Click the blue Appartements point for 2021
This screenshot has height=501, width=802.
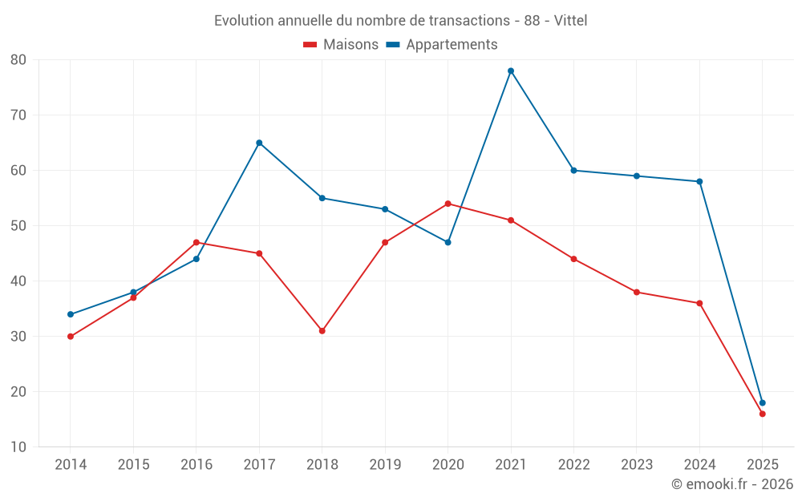pyautogui.click(x=511, y=71)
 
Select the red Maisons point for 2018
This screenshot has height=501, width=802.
pyautogui.click(x=322, y=330)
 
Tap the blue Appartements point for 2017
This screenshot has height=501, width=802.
pyautogui.click(x=259, y=143)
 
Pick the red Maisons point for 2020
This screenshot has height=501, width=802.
pyautogui.click(x=448, y=204)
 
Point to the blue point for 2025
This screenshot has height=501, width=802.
pyautogui.click(x=762, y=403)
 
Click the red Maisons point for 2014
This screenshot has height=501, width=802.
pyautogui.click(x=71, y=337)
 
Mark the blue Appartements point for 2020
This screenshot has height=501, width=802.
pyautogui.click(x=448, y=242)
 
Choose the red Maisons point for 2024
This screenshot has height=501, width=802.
pyautogui.click(x=699, y=303)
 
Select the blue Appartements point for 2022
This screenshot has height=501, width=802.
pyautogui.click(x=573, y=170)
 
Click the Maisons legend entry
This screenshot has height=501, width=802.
pyautogui.click(x=341, y=45)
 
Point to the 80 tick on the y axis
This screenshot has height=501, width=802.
pyautogui.click(x=18, y=60)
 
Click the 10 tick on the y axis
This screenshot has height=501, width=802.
pyautogui.click(x=18, y=447)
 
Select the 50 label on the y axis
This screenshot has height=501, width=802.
pyautogui.click(x=18, y=226)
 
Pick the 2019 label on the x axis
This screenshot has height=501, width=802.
pyautogui.click(x=385, y=465)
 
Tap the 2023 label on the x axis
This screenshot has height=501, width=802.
pyautogui.click(x=637, y=465)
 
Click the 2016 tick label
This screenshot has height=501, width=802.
pyautogui.click(x=196, y=465)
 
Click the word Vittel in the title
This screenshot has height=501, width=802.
pyautogui.click(x=570, y=20)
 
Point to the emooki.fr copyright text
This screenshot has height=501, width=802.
pyautogui.click(x=731, y=484)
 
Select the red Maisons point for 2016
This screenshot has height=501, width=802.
pyautogui.click(x=196, y=242)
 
